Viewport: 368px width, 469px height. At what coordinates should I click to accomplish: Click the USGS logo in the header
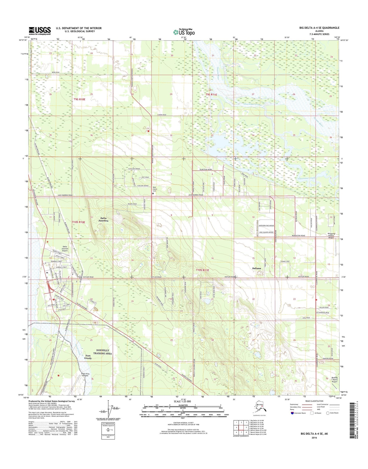point(39,31)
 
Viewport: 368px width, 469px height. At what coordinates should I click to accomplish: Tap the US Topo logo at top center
point(184,32)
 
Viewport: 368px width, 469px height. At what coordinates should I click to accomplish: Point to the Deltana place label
point(256,268)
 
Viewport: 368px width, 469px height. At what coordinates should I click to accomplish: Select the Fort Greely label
point(88,357)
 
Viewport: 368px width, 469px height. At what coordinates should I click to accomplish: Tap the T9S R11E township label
point(211,95)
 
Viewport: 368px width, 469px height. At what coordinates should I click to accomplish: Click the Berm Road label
point(56,73)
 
